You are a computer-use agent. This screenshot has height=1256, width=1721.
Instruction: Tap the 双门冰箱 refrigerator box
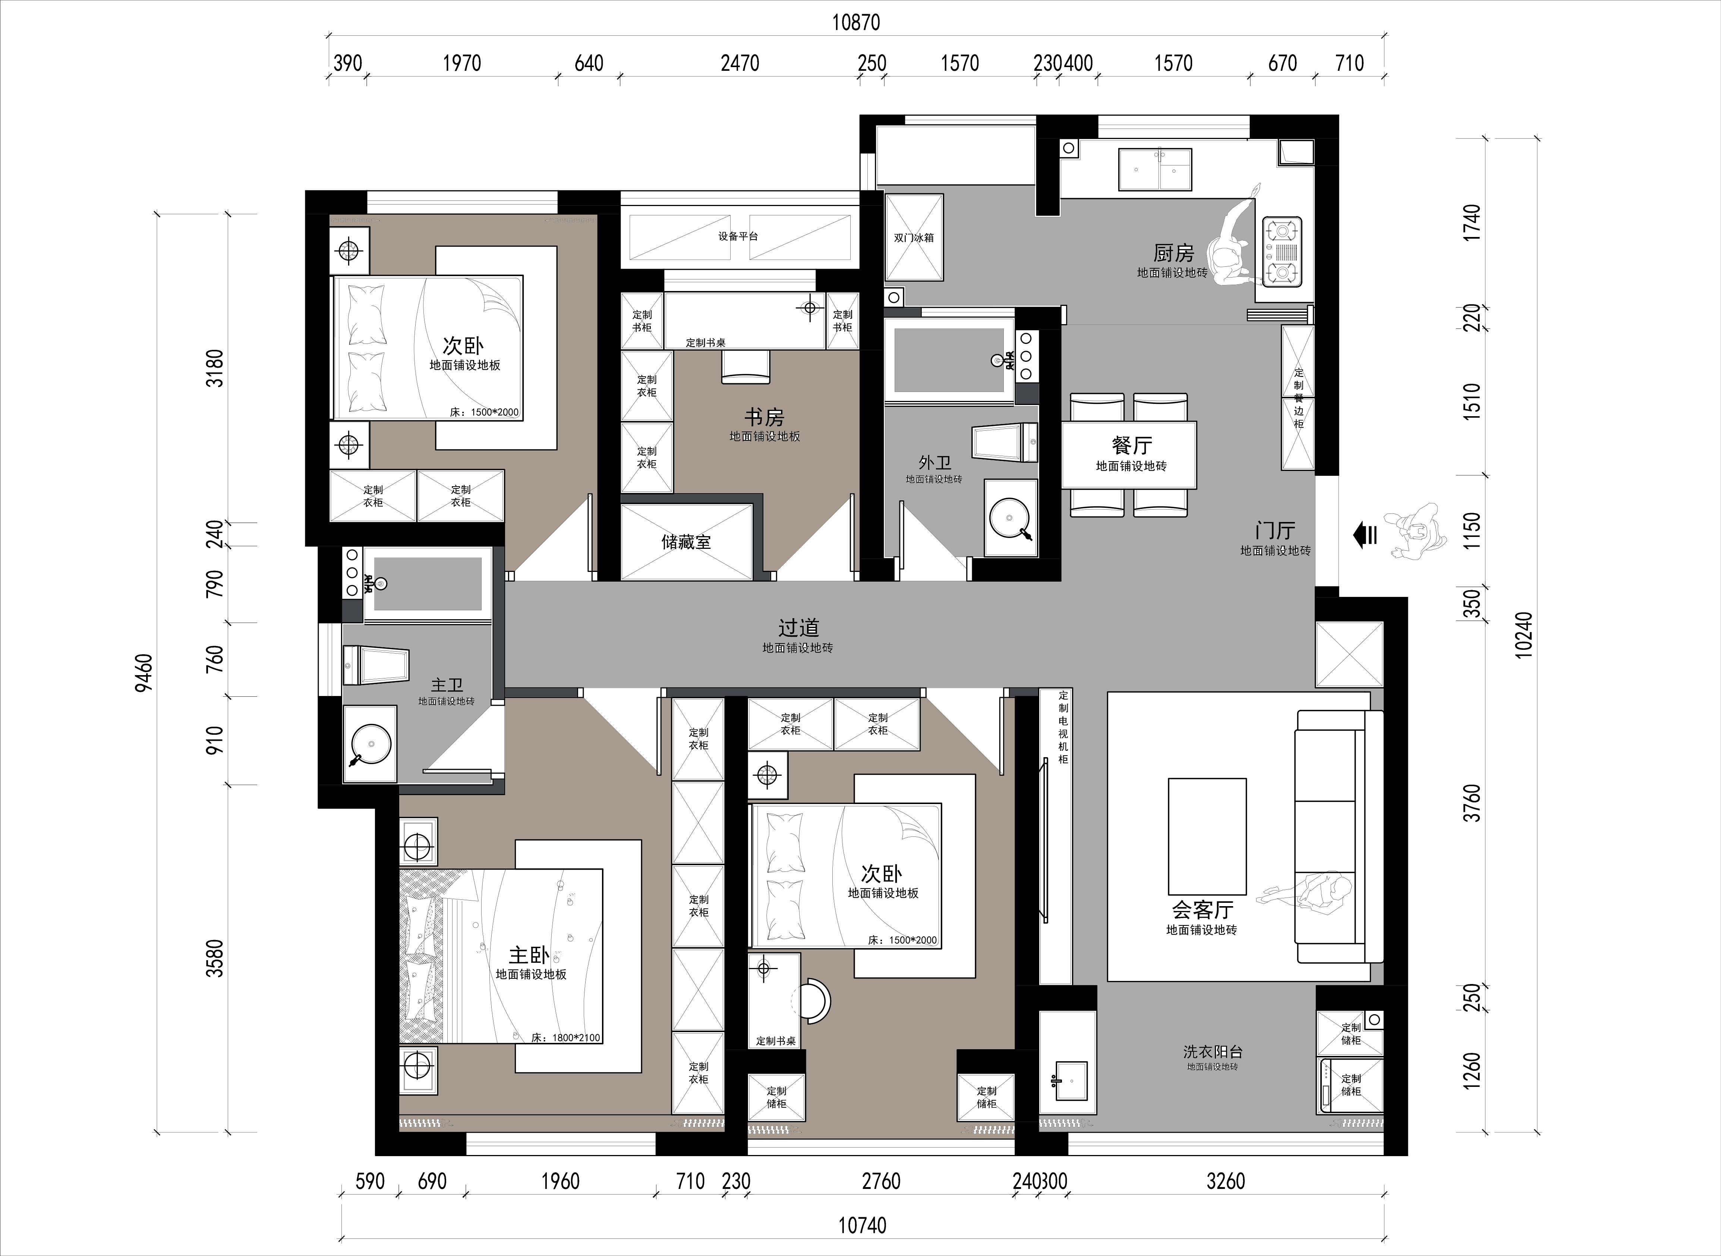913,237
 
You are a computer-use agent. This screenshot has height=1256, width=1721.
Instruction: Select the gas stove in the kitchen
1282,251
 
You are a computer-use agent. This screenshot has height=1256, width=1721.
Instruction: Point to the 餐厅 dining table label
1132,445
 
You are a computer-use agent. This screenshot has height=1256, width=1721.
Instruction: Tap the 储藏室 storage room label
686,542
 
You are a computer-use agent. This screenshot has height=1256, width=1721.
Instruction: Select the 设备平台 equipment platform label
738,237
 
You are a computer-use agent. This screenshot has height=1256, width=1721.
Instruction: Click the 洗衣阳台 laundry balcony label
1213,1052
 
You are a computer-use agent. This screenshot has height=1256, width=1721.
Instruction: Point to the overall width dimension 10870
855,23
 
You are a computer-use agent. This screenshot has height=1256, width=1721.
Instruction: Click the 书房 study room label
764,417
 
